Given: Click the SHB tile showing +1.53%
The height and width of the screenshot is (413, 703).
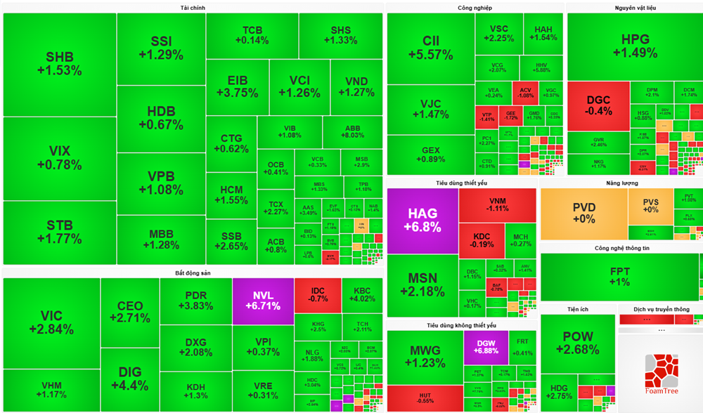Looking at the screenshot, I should [x=60, y=63].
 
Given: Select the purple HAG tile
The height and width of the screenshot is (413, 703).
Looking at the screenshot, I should [x=422, y=220].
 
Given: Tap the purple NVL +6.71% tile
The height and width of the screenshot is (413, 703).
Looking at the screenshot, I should [x=263, y=300].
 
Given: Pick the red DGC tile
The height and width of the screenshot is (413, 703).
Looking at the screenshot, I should [x=598, y=105].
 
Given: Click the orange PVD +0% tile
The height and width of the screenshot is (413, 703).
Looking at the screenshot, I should [x=583, y=213].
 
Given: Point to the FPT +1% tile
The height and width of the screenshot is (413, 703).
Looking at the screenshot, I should [x=619, y=277].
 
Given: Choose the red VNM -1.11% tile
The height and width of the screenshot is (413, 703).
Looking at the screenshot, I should [x=498, y=204].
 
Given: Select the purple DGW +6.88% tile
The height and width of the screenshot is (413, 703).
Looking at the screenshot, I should [x=485, y=347].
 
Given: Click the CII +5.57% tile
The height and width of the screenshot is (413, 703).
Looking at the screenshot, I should [x=430, y=46].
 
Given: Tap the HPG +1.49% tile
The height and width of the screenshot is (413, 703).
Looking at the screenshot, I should [x=634, y=46].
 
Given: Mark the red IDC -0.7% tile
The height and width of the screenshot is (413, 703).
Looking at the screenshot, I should [x=318, y=294].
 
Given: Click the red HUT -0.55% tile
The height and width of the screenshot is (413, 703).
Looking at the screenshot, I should [x=425, y=398].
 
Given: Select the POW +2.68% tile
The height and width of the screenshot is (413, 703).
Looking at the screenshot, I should [x=577, y=343].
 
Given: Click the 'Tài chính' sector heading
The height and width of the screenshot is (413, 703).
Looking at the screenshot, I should [x=193, y=8].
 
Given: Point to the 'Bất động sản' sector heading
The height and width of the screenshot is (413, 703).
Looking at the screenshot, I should [x=193, y=273].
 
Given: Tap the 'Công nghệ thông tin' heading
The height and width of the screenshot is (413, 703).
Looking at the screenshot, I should [x=622, y=249].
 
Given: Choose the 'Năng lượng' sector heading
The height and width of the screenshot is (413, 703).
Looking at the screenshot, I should [x=621, y=183].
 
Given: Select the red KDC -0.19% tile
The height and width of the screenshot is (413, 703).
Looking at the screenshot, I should [x=482, y=239].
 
